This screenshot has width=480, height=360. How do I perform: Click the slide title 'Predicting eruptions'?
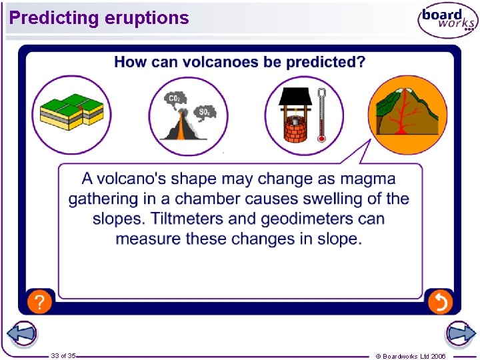coord(99,18)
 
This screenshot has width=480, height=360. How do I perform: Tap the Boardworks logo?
coord(447,21)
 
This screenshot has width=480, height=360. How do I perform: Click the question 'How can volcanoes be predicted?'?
coord(239,62)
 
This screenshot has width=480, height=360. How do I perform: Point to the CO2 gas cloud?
coord(175,99)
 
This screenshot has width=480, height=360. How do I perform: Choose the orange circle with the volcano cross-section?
coord(407,115)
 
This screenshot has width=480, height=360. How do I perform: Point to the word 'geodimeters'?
coord(307,219)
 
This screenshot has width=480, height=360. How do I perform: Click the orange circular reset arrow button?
coord(440,302)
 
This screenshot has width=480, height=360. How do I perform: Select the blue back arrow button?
coord(21,334)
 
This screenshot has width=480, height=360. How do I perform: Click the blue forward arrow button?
coord(460,334)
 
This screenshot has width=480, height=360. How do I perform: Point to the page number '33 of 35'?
coord(63,356)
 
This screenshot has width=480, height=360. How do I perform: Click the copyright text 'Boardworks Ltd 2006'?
coord(413,356)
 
